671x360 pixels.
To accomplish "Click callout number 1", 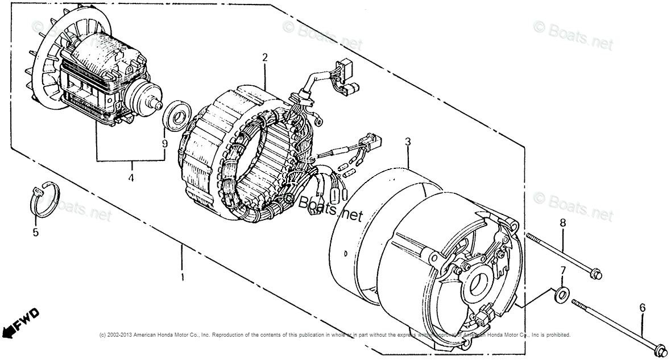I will pyautogui.click(x=183, y=277).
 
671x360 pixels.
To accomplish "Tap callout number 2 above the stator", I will pyautogui.click(x=264, y=57).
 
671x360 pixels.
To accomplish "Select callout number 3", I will pyautogui.click(x=407, y=142).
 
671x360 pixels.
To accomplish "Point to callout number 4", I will pyautogui.click(x=131, y=178).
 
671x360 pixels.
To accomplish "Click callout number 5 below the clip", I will pyautogui.click(x=35, y=232).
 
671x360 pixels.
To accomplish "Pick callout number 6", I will pyautogui.click(x=642, y=308).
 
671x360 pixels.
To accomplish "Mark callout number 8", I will pyautogui.click(x=562, y=222).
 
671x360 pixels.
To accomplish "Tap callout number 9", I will pyautogui.click(x=164, y=144).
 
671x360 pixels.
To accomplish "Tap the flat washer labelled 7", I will pyautogui.click(x=561, y=293).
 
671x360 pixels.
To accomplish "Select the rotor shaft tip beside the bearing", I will pyautogui.click(x=155, y=105).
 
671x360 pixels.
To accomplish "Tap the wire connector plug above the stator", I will pyautogui.click(x=345, y=75).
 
